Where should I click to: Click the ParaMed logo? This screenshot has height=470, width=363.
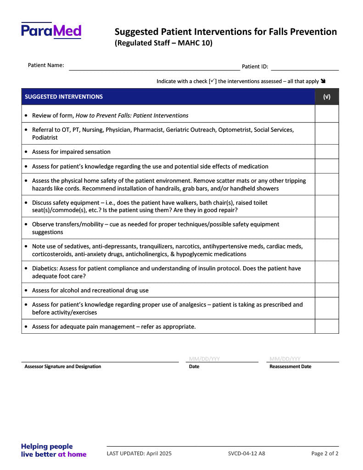[x=51, y=30]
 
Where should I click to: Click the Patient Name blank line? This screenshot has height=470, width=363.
[x=154, y=67]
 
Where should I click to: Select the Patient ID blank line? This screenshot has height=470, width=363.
[x=305, y=67]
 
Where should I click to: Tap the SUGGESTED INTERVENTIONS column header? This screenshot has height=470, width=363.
[x=64, y=97]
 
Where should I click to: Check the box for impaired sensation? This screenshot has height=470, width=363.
[x=327, y=152]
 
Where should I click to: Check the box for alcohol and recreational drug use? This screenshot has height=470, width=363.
[x=327, y=291]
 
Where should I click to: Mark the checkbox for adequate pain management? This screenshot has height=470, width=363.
[x=327, y=326]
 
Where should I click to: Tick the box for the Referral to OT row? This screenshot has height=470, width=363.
[x=327, y=134]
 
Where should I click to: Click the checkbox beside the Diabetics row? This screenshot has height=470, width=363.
[x=327, y=272]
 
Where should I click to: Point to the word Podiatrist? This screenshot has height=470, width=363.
[x=45, y=138]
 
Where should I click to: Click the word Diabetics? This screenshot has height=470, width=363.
[x=45, y=268]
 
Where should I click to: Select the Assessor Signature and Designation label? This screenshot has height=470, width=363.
[x=63, y=367]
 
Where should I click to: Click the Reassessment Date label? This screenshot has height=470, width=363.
[x=290, y=367]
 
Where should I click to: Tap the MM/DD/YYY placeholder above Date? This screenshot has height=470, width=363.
[x=204, y=359]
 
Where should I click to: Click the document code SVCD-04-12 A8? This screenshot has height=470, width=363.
[x=246, y=454]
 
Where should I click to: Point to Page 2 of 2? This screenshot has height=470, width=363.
[x=325, y=454]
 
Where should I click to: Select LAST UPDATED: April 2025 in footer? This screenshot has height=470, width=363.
[x=139, y=454]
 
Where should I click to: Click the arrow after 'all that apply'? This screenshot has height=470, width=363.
[x=324, y=81]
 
